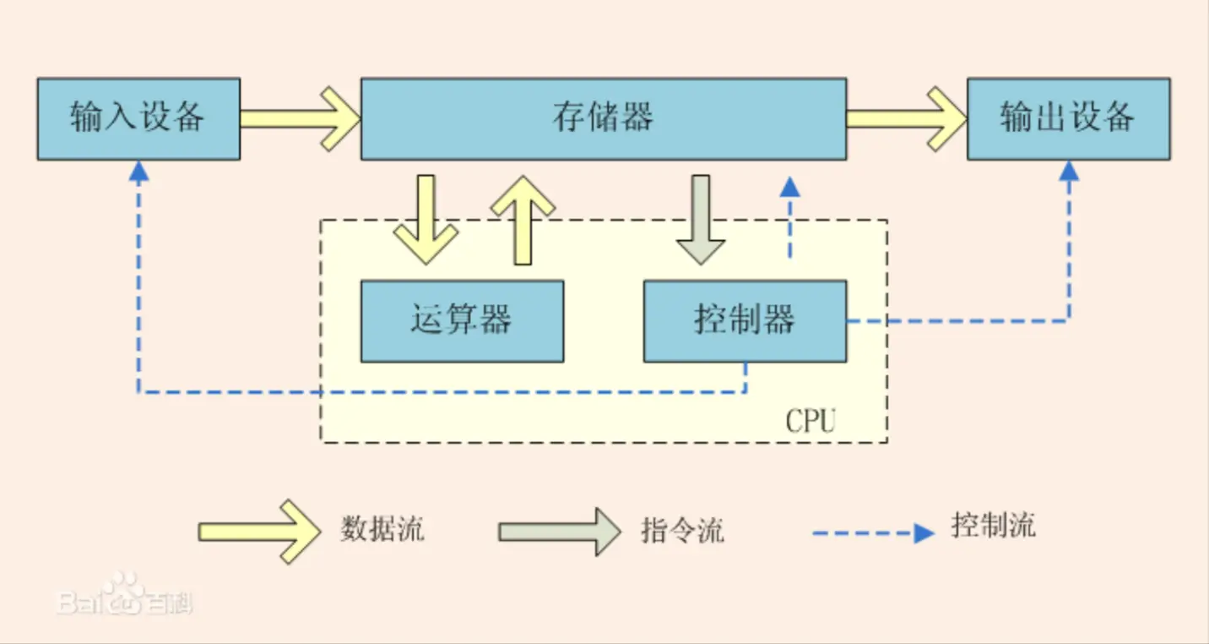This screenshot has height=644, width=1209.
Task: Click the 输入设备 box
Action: coord(138,118)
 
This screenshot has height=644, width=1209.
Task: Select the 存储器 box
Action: coord(603,118)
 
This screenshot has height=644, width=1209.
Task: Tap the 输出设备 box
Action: coord(1068,118)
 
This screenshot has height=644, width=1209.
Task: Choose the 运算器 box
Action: coord(462,321)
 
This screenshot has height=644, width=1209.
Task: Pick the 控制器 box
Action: coord(745,321)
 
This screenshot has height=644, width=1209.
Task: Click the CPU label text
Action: coord(810,420)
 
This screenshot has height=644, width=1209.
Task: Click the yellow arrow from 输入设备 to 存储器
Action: coord(301,118)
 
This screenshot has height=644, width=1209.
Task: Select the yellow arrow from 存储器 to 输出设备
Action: coord(906,118)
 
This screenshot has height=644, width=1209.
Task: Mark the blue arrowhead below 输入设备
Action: coord(139,172)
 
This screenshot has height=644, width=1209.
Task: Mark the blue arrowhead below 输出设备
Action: coord(1069,172)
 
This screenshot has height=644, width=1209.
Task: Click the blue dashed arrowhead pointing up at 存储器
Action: coord(789,187)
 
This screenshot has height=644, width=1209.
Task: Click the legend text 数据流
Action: coord(382,530)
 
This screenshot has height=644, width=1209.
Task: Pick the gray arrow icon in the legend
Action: coord(559,532)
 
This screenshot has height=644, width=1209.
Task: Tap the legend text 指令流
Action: coord(682,531)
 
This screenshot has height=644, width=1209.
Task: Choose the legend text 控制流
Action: coord(993,526)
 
